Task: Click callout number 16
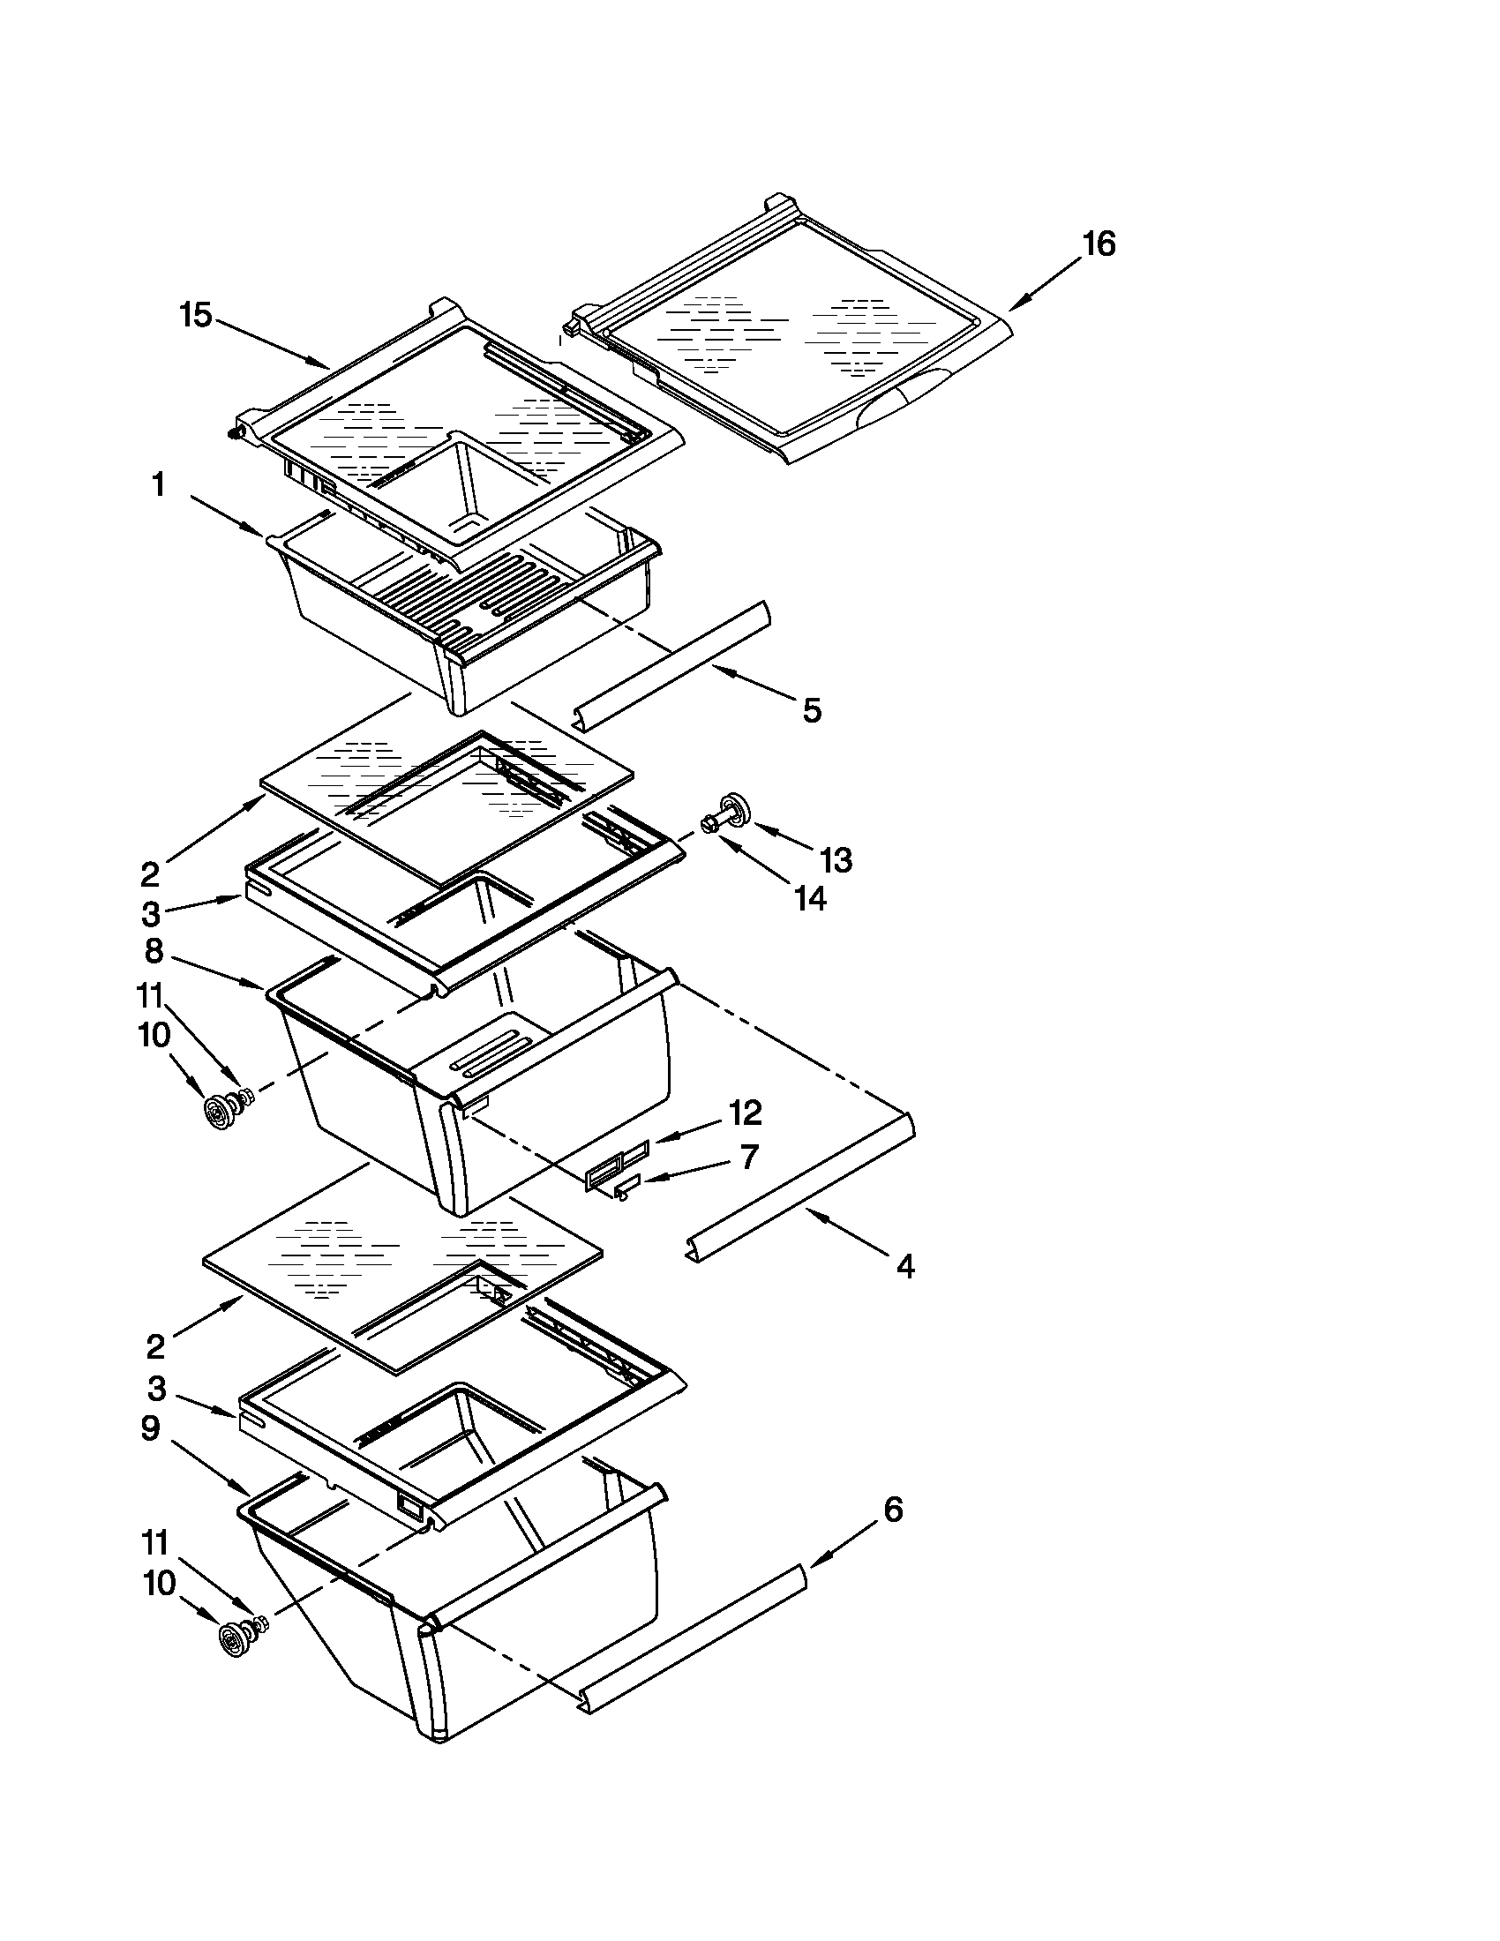pyautogui.click(x=1099, y=244)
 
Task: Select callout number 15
pyautogui.click(x=197, y=315)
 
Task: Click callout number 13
pyautogui.click(x=836, y=859)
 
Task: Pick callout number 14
pyautogui.click(x=809, y=898)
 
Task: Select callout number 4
pyautogui.click(x=904, y=1265)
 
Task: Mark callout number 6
pyautogui.click(x=893, y=1509)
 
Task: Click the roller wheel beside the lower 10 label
pyautogui.click(x=233, y=1638)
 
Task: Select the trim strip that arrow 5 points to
pyautogui.click(x=672, y=662)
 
